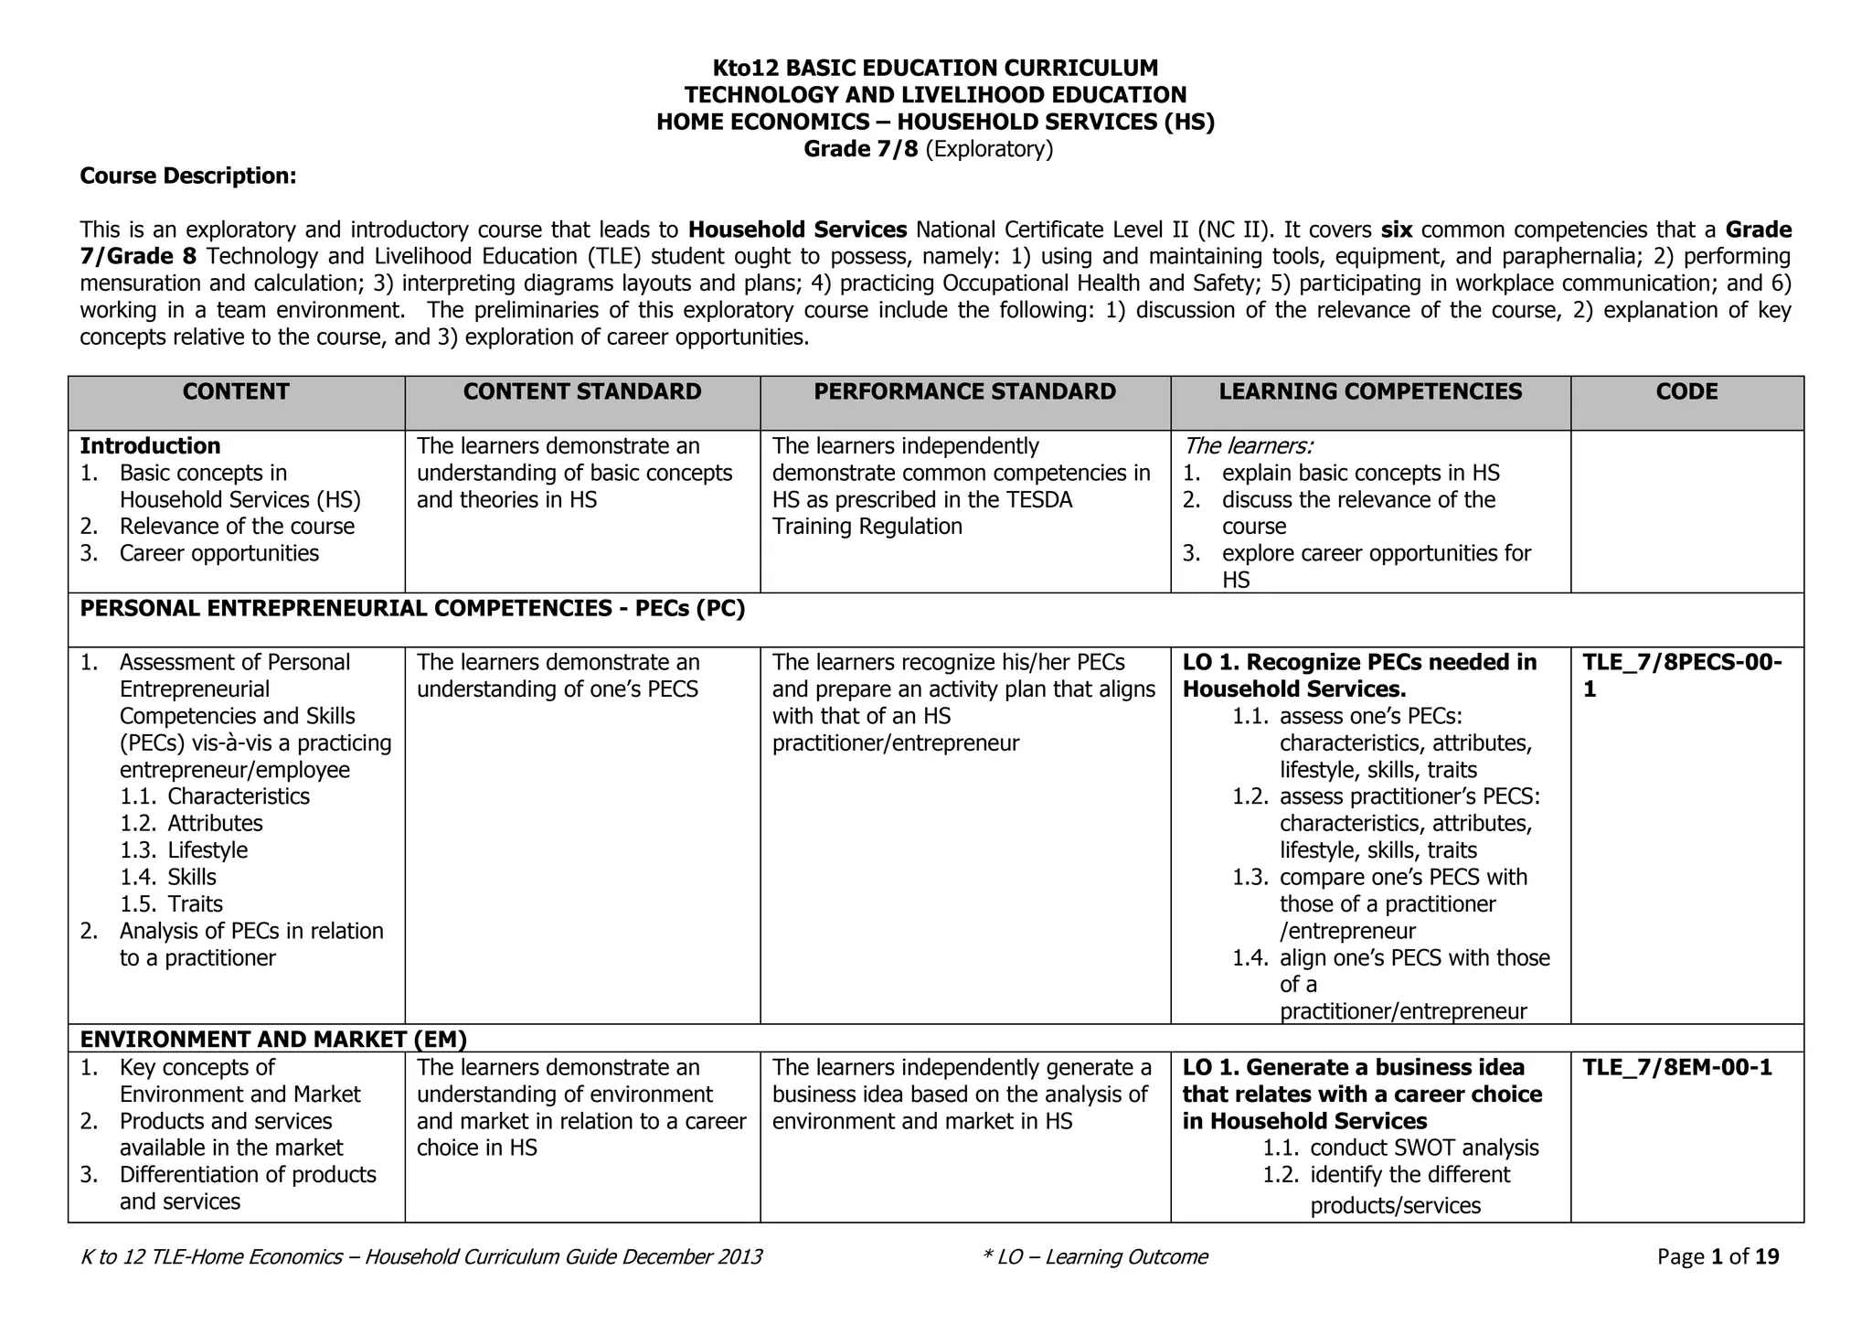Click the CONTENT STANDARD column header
coord(582,392)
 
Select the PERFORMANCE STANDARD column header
coord(964,392)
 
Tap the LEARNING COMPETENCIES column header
coord(1370,392)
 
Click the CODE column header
coord(1686,392)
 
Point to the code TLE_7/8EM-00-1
coord(1676,1068)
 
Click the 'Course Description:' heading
coord(188,176)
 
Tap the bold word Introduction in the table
coord(150,446)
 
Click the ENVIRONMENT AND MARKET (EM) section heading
coord(273,1039)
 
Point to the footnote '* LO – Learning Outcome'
coord(1094,1257)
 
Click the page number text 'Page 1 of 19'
coord(1718,1257)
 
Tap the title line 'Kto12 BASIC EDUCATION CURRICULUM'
coord(935,68)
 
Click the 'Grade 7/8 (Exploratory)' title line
coord(928,149)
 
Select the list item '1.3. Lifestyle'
coord(184,850)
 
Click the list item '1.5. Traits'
coord(172,904)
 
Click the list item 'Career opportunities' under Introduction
coord(218,553)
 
